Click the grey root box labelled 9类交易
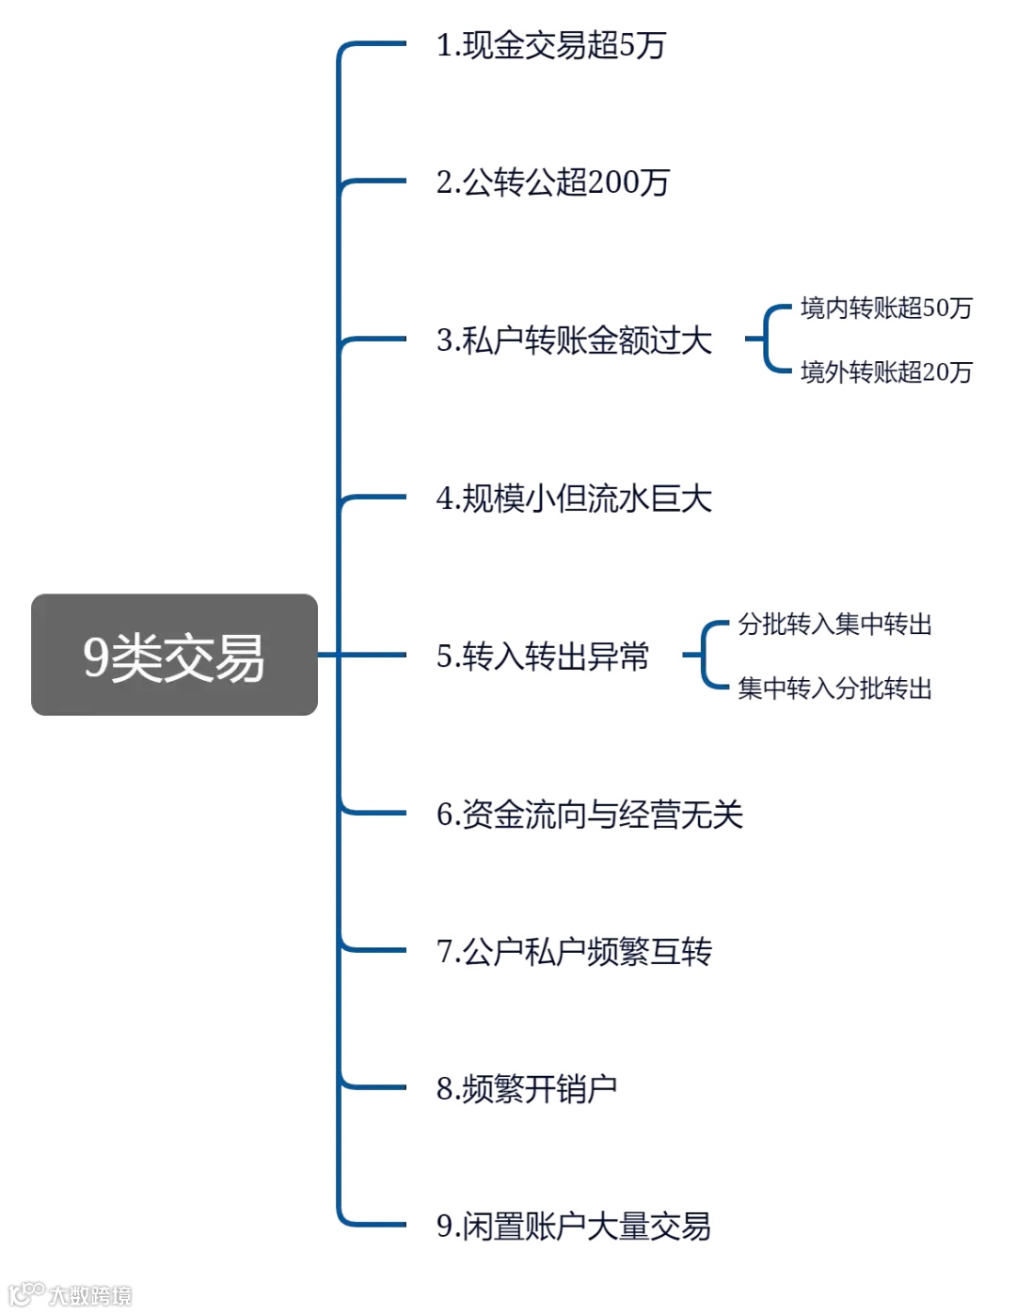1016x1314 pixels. click(x=174, y=655)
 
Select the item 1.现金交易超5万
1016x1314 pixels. click(x=550, y=45)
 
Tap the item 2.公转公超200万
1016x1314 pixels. click(x=552, y=182)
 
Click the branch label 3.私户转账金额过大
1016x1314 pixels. click(x=574, y=340)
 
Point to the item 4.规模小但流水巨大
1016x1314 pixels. click(x=574, y=499)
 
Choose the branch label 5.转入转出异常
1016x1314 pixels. click(x=543, y=657)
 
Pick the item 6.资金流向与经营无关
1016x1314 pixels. click(x=589, y=815)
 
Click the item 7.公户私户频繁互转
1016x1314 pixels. click(x=574, y=952)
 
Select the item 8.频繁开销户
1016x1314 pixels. click(x=527, y=1089)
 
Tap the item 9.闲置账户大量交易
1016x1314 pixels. click(x=573, y=1227)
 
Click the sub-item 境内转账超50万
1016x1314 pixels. click(x=886, y=309)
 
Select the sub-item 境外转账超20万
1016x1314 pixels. click(x=886, y=372)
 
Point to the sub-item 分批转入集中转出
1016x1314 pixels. click(x=834, y=625)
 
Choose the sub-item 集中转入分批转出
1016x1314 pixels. click(x=834, y=689)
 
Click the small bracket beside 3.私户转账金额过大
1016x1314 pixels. click(x=768, y=339)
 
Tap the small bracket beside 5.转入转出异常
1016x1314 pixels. click(x=705, y=656)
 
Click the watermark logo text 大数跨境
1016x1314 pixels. click(x=89, y=1295)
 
